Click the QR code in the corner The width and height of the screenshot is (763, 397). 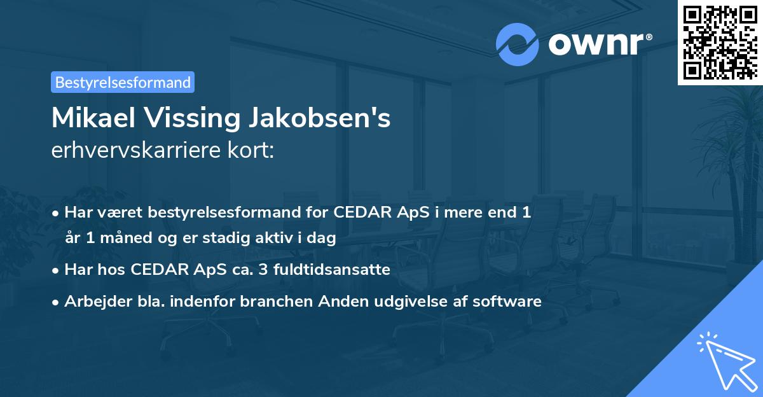click(720, 42)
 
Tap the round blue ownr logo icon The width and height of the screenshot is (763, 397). click(518, 44)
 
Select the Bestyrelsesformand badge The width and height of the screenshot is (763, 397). click(123, 82)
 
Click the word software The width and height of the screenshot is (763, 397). click(507, 301)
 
